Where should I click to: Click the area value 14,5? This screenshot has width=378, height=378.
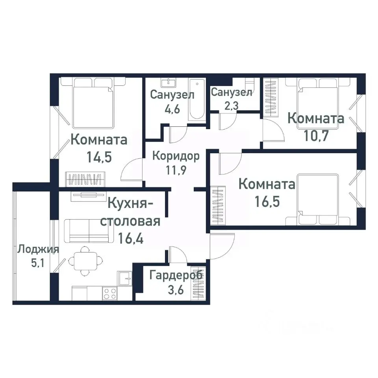[99, 157]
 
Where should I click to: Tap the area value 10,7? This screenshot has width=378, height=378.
[316, 136]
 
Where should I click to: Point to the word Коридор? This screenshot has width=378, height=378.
[176, 156]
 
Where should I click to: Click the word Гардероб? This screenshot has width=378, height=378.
[176, 275]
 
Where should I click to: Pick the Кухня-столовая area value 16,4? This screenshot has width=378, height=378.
[130, 238]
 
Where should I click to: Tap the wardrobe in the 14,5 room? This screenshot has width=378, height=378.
[85, 179]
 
